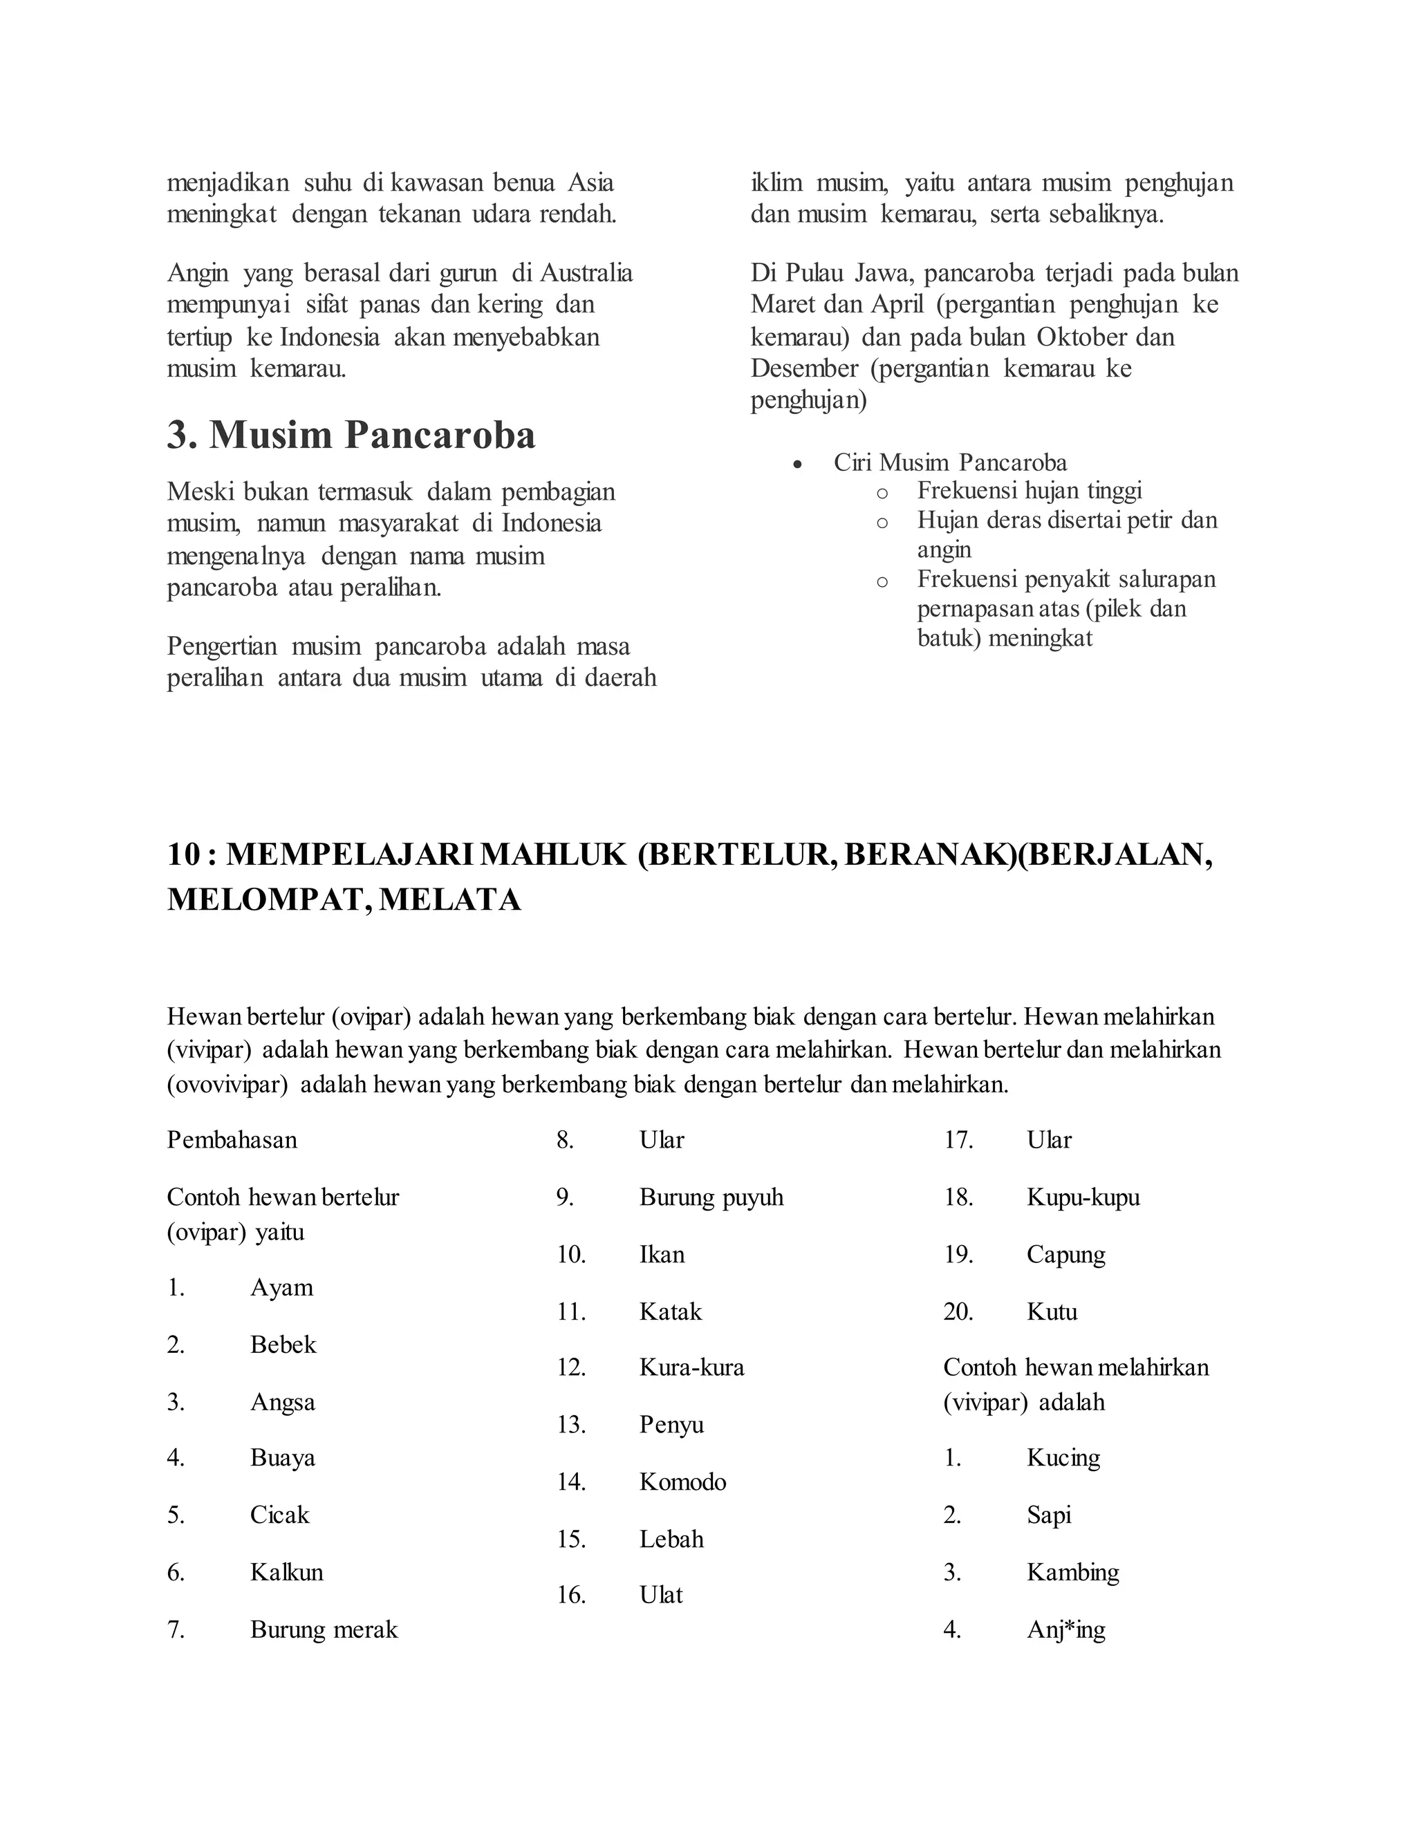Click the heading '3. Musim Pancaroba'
point(351,436)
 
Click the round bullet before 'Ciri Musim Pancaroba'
point(798,464)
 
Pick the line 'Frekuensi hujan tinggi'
point(1030,490)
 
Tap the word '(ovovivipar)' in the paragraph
point(227,1085)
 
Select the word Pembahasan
point(232,1140)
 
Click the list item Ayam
point(281,1288)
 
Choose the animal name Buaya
point(282,1458)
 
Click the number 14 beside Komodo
point(570,1482)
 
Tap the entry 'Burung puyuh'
point(711,1197)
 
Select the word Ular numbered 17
point(1049,1140)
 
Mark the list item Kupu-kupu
point(1083,1197)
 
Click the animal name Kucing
point(1063,1458)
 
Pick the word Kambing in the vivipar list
point(1073,1572)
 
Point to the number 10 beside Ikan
point(570,1255)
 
